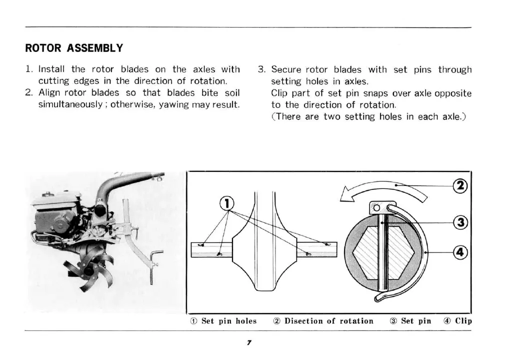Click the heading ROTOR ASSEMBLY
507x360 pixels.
[74, 48]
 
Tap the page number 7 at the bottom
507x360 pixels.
[248, 342]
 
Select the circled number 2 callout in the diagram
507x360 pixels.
[459, 185]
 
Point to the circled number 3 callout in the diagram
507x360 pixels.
[459, 221]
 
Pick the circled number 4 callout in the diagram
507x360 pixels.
[459, 253]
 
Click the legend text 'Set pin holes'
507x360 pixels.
[228, 321]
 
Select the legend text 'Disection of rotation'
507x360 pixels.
[328, 321]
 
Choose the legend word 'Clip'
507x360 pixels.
[463, 321]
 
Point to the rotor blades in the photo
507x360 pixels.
[92, 267]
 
